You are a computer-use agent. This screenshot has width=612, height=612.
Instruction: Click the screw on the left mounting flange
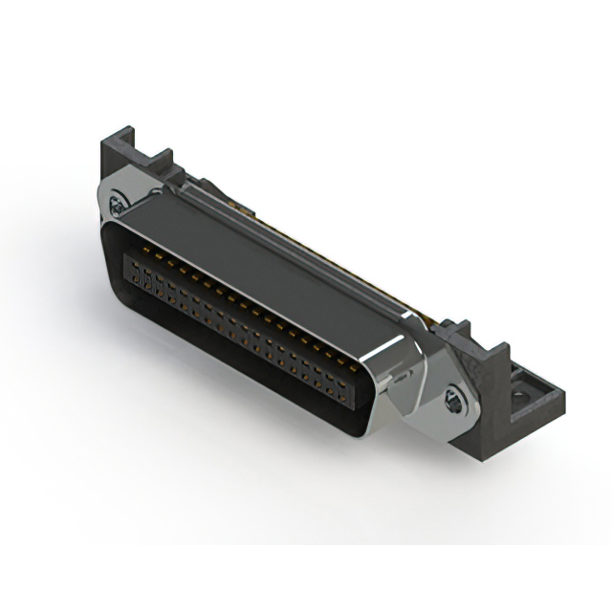click(117, 203)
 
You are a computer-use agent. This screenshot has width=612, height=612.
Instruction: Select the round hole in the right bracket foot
click(524, 394)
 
